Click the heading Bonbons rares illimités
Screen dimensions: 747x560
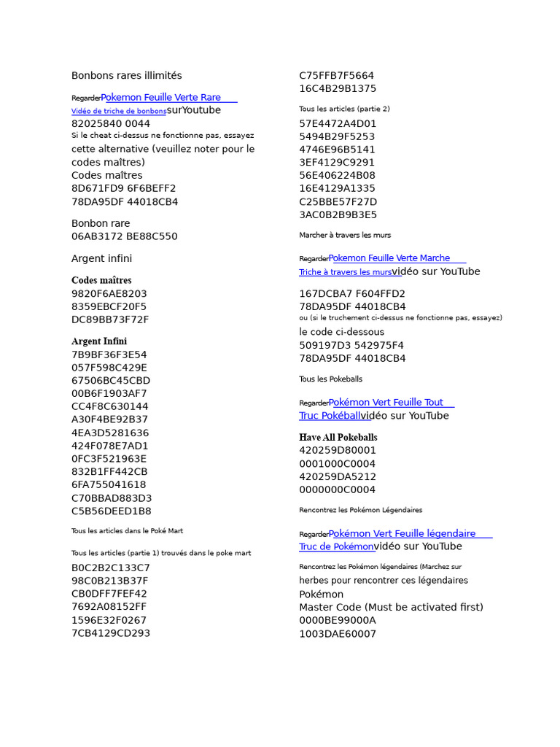click(x=126, y=76)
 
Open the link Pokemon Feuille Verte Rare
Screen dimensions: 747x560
click(x=161, y=97)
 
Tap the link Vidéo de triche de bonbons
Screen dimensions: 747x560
click(x=119, y=111)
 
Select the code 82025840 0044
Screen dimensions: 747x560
click(x=111, y=124)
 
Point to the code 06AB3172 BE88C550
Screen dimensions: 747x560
click(x=124, y=236)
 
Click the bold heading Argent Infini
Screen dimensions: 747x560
click(x=99, y=341)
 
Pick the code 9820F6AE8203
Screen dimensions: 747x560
click(x=109, y=294)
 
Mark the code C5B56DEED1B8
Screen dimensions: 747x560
click(x=112, y=511)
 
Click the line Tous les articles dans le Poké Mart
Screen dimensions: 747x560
click(x=127, y=531)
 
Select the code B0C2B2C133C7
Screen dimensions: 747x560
click(x=111, y=568)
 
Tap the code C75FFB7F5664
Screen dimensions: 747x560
click(x=337, y=76)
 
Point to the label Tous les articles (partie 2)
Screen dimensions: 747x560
click(x=344, y=109)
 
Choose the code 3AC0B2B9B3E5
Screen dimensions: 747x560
click(x=338, y=215)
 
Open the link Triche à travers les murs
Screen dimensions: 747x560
click(x=345, y=272)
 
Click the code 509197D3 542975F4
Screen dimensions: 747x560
click(x=351, y=345)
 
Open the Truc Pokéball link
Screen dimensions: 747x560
click(x=330, y=416)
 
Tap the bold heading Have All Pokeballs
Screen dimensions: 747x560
click(x=338, y=438)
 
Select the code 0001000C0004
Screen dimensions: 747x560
click(x=338, y=464)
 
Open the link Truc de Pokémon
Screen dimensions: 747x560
click(x=336, y=546)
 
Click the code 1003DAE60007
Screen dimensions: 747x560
click(x=338, y=634)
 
